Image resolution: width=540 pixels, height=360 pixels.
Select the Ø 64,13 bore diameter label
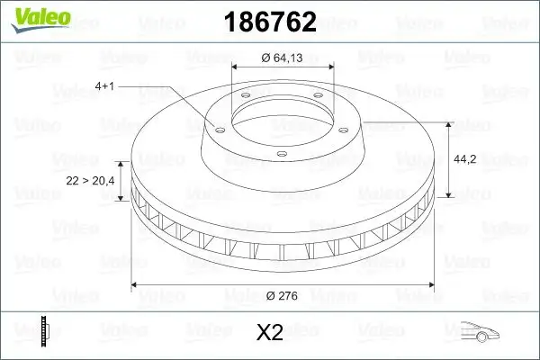pos(282,58)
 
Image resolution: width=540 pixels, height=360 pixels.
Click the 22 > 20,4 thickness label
pos(90,181)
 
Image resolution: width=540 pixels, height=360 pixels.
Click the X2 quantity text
pos(270,334)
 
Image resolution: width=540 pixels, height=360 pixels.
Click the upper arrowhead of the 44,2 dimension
pos(448,121)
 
